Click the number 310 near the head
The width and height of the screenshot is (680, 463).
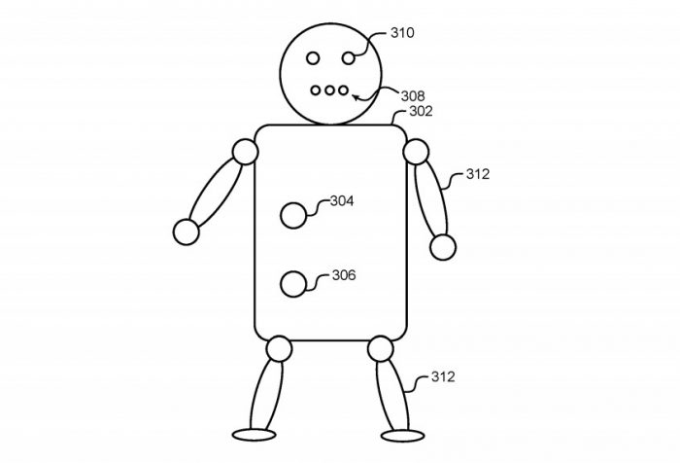click(402, 32)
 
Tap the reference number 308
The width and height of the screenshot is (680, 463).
click(413, 95)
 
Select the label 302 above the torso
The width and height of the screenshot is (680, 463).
click(421, 111)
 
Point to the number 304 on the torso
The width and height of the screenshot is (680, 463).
click(342, 200)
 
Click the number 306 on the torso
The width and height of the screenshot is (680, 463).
click(344, 275)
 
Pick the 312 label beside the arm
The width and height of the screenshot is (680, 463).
click(478, 174)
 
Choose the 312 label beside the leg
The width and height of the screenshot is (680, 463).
click(443, 376)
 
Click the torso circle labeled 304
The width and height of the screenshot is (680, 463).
click(293, 215)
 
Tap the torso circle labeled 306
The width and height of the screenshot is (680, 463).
click(293, 284)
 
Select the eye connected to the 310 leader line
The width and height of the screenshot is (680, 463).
click(348, 57)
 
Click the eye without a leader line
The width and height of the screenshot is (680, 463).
click(313, 57)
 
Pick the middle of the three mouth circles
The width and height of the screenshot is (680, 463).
click(329, 90)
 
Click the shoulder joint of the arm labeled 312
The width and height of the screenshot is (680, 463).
click(416, 152)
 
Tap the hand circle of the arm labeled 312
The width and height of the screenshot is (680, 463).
click(443, 247)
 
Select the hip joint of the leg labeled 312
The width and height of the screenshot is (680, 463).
click(381, 349)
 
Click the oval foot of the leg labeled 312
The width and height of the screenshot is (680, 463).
click(402, 436)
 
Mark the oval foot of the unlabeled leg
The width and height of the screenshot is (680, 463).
click(255, 435)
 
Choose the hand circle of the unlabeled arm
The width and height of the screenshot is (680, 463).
click(187, 231)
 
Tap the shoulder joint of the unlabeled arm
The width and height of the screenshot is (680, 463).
click(246, 152)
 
